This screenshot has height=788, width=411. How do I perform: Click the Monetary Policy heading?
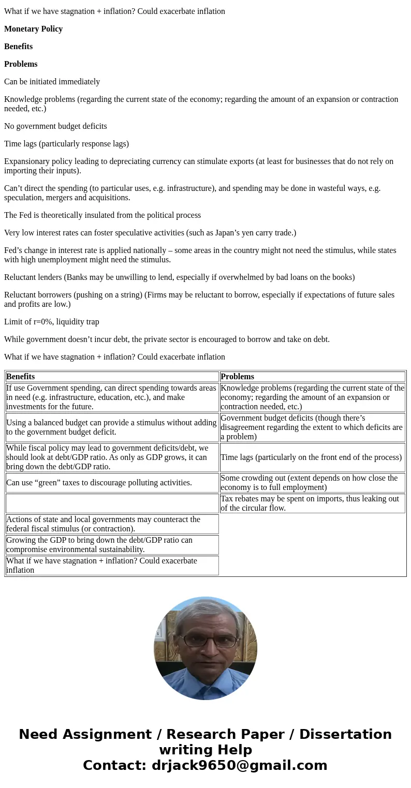coord(33,29)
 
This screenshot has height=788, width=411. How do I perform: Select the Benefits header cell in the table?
coord(21,377)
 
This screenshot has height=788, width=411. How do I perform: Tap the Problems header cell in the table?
coord(237,377)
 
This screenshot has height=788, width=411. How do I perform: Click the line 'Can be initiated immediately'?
coord(52,82)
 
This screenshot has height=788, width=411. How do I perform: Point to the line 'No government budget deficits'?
coord(55,126)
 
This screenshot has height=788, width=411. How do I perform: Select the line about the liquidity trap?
coord(51,322)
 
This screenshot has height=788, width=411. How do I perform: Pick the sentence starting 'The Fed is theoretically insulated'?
coord(102,215)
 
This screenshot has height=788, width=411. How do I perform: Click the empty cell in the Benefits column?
coord(112,503)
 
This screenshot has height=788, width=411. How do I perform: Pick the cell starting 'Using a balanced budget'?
coord(111,427)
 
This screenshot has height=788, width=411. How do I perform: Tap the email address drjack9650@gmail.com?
coord(239,766)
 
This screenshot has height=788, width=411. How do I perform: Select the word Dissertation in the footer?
coord(345,735)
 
